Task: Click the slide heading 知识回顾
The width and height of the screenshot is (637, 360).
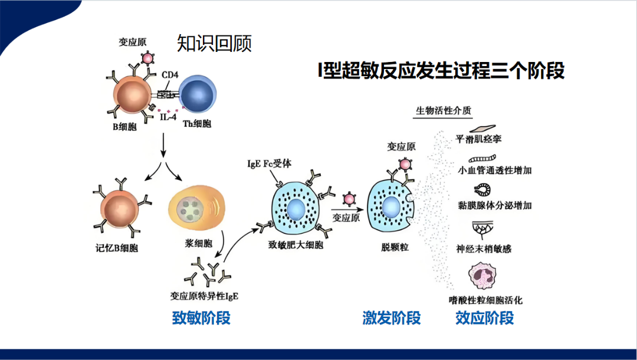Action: [214, 43]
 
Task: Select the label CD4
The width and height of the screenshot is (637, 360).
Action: [170, 75]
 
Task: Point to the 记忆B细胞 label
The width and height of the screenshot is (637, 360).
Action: [117, 248]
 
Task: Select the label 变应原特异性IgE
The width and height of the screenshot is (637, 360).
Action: [204, 296]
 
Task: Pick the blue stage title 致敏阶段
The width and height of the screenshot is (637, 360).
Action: [202, 318]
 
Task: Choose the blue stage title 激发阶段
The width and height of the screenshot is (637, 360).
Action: [392, 318]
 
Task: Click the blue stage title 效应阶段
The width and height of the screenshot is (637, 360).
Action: [485, 318]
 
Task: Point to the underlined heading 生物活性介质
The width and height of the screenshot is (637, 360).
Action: [444, 110]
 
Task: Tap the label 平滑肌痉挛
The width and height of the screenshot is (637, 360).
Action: [478, 139]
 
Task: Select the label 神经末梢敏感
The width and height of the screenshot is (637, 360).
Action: [484, 248]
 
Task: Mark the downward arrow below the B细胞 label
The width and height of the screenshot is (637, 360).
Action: [163, 145]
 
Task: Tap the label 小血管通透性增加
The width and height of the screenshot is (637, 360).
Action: [494, 170]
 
